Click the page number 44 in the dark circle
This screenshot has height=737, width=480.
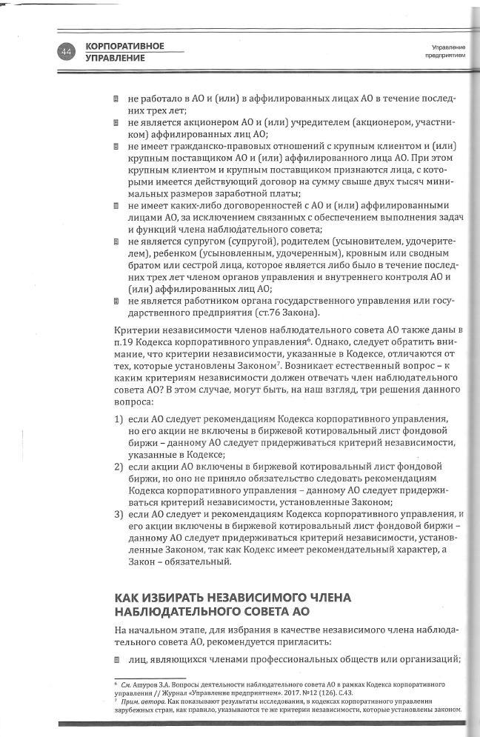pos(67,51)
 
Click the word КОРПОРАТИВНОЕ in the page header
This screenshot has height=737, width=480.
pos(124,46)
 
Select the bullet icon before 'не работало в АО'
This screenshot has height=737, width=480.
pos(116,99)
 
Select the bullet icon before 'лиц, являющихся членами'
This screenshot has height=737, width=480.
pos(116,659)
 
